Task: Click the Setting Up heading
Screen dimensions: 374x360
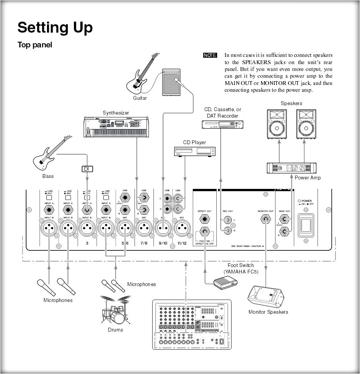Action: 55,28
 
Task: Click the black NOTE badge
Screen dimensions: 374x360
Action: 210,55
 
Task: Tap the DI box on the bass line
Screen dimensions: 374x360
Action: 87,169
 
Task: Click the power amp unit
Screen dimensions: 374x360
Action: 292,168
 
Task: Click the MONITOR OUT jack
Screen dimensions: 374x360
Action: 265,219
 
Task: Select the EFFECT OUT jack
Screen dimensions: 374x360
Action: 205,219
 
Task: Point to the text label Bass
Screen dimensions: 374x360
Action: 48,176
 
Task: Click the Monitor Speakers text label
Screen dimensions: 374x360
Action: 268,312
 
